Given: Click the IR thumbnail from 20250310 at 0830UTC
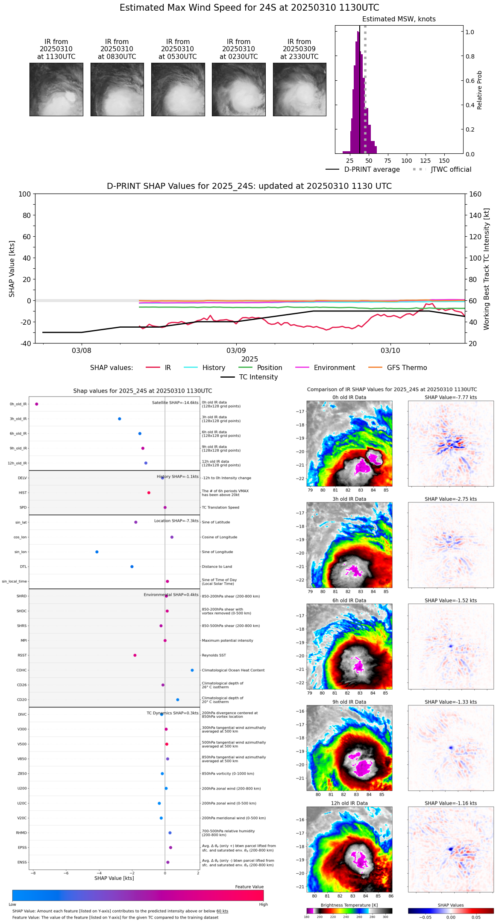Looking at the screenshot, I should (117, 89).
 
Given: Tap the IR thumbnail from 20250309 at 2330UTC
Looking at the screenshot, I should (299, 89).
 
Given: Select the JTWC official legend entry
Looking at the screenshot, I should (451, 170).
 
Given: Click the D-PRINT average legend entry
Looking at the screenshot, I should (372, 170).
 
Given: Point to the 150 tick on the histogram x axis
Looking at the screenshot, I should (444, 161).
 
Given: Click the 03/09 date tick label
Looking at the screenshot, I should (236, 351).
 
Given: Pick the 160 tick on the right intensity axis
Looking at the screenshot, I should (476, 194).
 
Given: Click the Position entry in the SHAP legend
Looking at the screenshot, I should (269, 368).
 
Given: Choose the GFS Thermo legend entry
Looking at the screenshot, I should (407, 368).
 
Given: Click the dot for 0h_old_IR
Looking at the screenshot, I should (37, 404).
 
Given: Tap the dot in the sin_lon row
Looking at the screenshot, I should (97, 552).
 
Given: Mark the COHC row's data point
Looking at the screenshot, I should (192, 670).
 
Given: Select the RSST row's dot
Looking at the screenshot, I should (135, 655).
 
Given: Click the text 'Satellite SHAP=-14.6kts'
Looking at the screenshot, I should (175, 403).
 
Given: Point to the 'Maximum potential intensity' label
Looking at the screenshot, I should (227, 640).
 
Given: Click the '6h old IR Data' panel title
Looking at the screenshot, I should (349, 600).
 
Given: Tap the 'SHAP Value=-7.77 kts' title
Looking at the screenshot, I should (451, 397).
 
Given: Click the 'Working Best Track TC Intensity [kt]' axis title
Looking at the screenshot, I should (487, 269).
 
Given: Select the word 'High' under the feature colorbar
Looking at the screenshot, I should (263, 904).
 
